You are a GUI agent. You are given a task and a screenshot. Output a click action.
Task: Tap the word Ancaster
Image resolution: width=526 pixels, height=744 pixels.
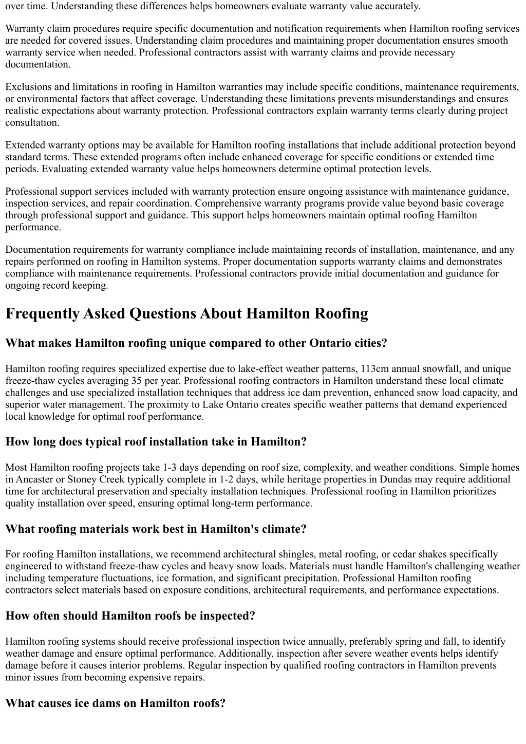pos(34,479)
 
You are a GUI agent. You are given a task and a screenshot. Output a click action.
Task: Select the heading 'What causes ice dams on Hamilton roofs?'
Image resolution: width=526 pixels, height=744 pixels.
pos(116,703)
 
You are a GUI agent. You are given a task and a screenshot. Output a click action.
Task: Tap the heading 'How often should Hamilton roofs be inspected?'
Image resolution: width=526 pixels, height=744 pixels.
pos(130,616)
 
